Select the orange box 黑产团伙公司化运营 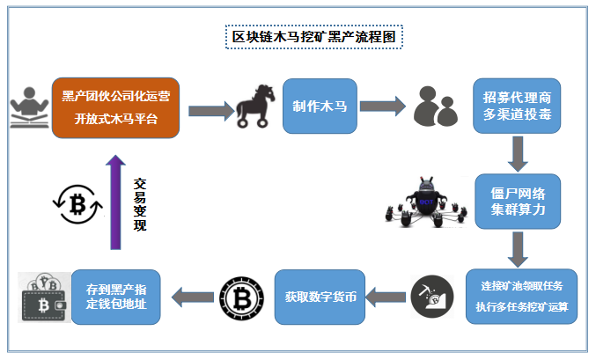(115, 107)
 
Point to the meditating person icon (28, 107)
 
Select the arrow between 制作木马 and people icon (382, 107)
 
